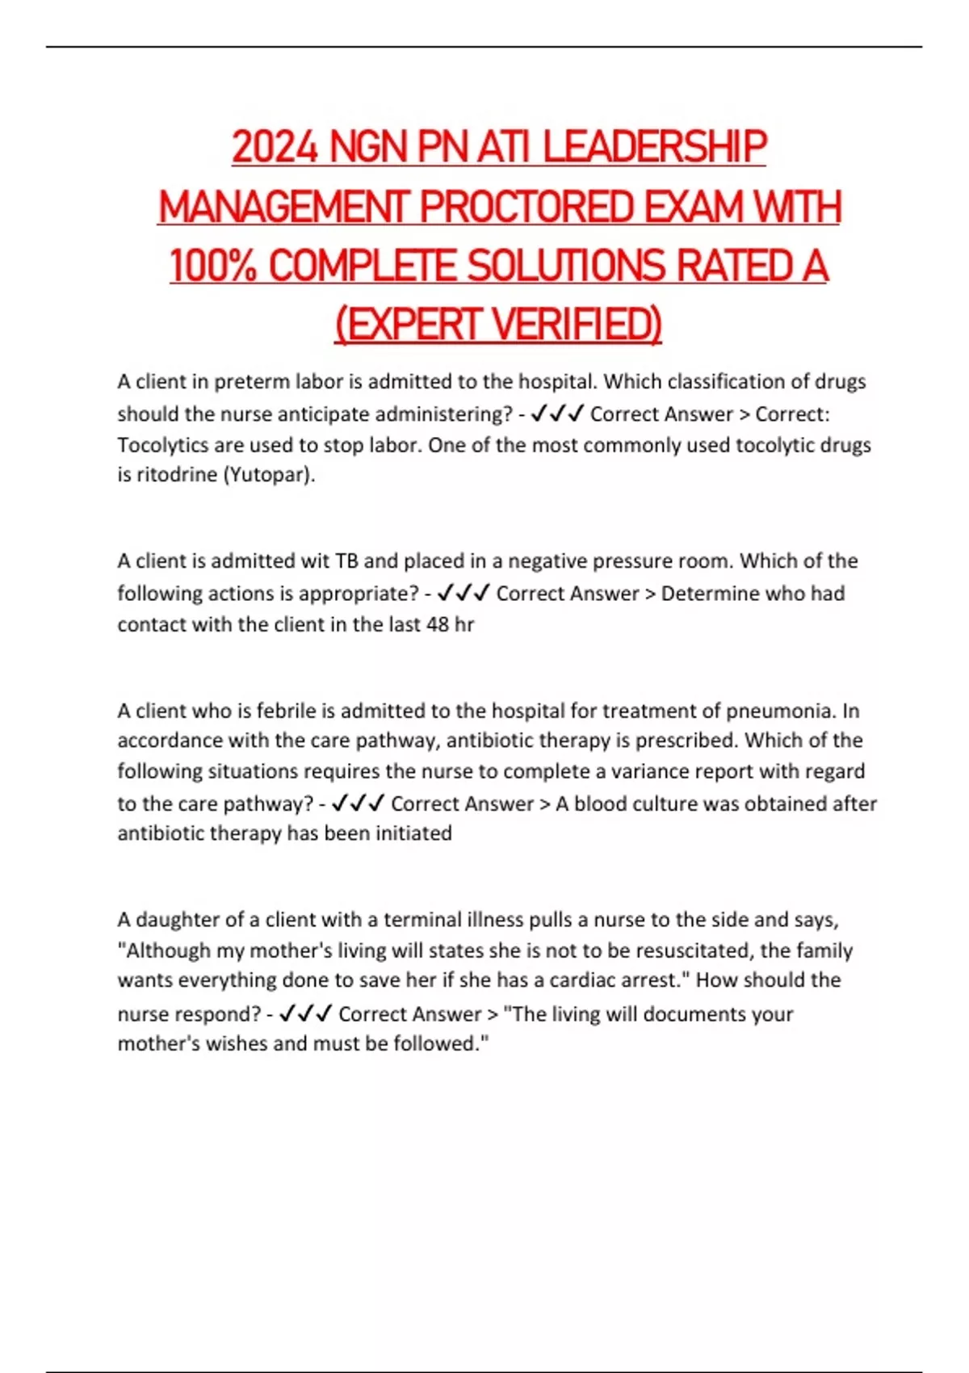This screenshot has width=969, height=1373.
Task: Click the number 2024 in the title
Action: click(274, 148)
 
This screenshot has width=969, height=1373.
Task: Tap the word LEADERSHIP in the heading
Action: click(654, 148)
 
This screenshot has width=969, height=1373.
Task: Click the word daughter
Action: click(176, 920)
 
